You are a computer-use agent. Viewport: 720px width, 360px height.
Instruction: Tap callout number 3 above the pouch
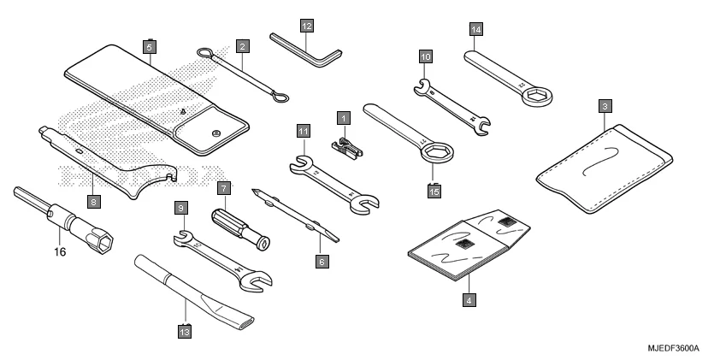tap(605, 106)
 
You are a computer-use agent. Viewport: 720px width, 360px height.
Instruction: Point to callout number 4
tap(469, 299)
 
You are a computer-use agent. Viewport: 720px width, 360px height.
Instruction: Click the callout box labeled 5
tap(150, 49)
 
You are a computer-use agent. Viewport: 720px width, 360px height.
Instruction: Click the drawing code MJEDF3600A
tap(675, 348)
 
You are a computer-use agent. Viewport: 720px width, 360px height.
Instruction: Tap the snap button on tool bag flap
tap(216, 131)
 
